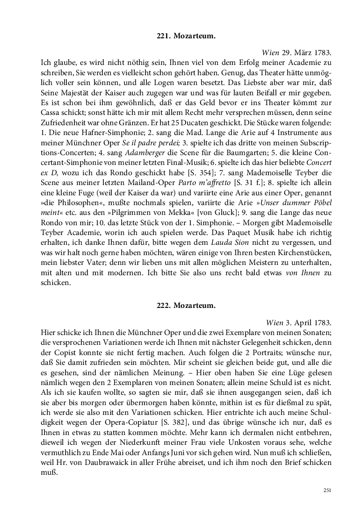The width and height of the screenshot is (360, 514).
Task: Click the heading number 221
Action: point(161,36)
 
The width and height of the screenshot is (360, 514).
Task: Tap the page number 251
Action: point(327,490)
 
